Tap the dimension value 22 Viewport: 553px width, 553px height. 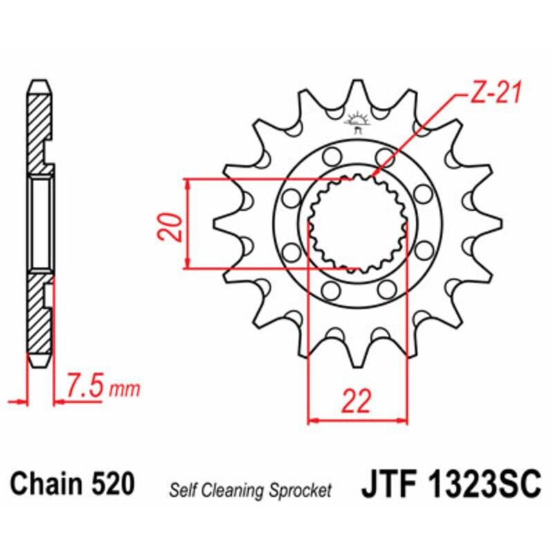tap(356, 400)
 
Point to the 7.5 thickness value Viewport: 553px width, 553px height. tap(86, 385)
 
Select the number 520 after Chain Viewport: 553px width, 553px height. tap(112, 483)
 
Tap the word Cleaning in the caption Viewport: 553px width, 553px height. tap(234, 491)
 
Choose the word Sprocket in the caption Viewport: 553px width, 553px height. tap(301, 491)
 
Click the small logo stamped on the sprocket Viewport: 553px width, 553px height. tap(357, 122)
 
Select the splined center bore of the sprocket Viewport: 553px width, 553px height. tap(357, 223)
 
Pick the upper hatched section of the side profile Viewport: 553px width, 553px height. tap(39, 128)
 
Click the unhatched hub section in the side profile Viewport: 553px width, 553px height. tap(41, 223)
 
